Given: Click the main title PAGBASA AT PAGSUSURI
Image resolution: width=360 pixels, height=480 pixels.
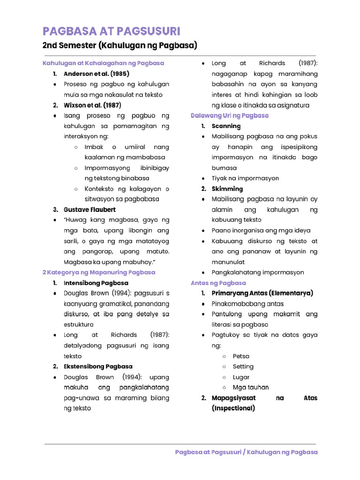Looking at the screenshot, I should [111, 31].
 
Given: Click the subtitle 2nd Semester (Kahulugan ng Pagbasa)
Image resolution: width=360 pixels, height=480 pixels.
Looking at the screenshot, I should [120, 45].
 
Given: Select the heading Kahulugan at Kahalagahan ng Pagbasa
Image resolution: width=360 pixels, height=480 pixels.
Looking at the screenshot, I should [103, 63].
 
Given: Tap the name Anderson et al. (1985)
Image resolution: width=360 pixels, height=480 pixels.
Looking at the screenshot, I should [97, 74].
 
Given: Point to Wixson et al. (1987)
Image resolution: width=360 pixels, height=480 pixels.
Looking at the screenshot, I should [92, 105].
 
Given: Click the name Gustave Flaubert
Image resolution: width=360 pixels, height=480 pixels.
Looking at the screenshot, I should [90, 210].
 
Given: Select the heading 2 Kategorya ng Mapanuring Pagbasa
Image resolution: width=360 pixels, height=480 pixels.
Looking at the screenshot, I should [98, 272].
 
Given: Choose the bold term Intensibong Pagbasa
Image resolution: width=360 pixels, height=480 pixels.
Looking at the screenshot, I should [96, 283].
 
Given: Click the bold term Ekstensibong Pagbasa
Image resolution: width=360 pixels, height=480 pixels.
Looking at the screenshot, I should [98, 367].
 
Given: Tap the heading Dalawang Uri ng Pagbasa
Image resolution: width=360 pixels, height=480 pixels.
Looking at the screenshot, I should [230, 115].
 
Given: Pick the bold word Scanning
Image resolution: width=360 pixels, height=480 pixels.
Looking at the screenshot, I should [226, 126].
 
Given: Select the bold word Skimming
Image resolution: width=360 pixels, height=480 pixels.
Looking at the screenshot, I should [227, 189].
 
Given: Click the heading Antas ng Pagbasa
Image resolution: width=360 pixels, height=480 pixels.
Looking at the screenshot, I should [218, 283].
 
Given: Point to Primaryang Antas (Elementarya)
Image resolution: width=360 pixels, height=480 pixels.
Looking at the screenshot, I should [262, 293].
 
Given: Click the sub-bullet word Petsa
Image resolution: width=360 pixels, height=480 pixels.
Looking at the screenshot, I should [241, 356].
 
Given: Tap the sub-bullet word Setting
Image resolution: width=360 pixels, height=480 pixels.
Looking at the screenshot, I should [243, 367].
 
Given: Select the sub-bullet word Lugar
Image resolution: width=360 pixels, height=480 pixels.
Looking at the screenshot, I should [241, 377].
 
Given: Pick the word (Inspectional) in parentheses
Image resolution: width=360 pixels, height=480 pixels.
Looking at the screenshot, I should [233, 408].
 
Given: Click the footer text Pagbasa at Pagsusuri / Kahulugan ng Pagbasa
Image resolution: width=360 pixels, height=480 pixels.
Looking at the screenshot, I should [246, 452].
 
